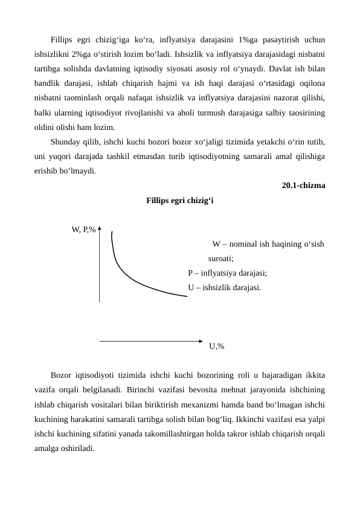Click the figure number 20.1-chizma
pyautogui.click(x=303, y=186)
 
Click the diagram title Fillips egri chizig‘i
pyautogui.click(x=179, y=200)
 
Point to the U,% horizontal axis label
pyautogui.click(x=216, y=346)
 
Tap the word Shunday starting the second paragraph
pyautogui.click(x=67, y=141)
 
